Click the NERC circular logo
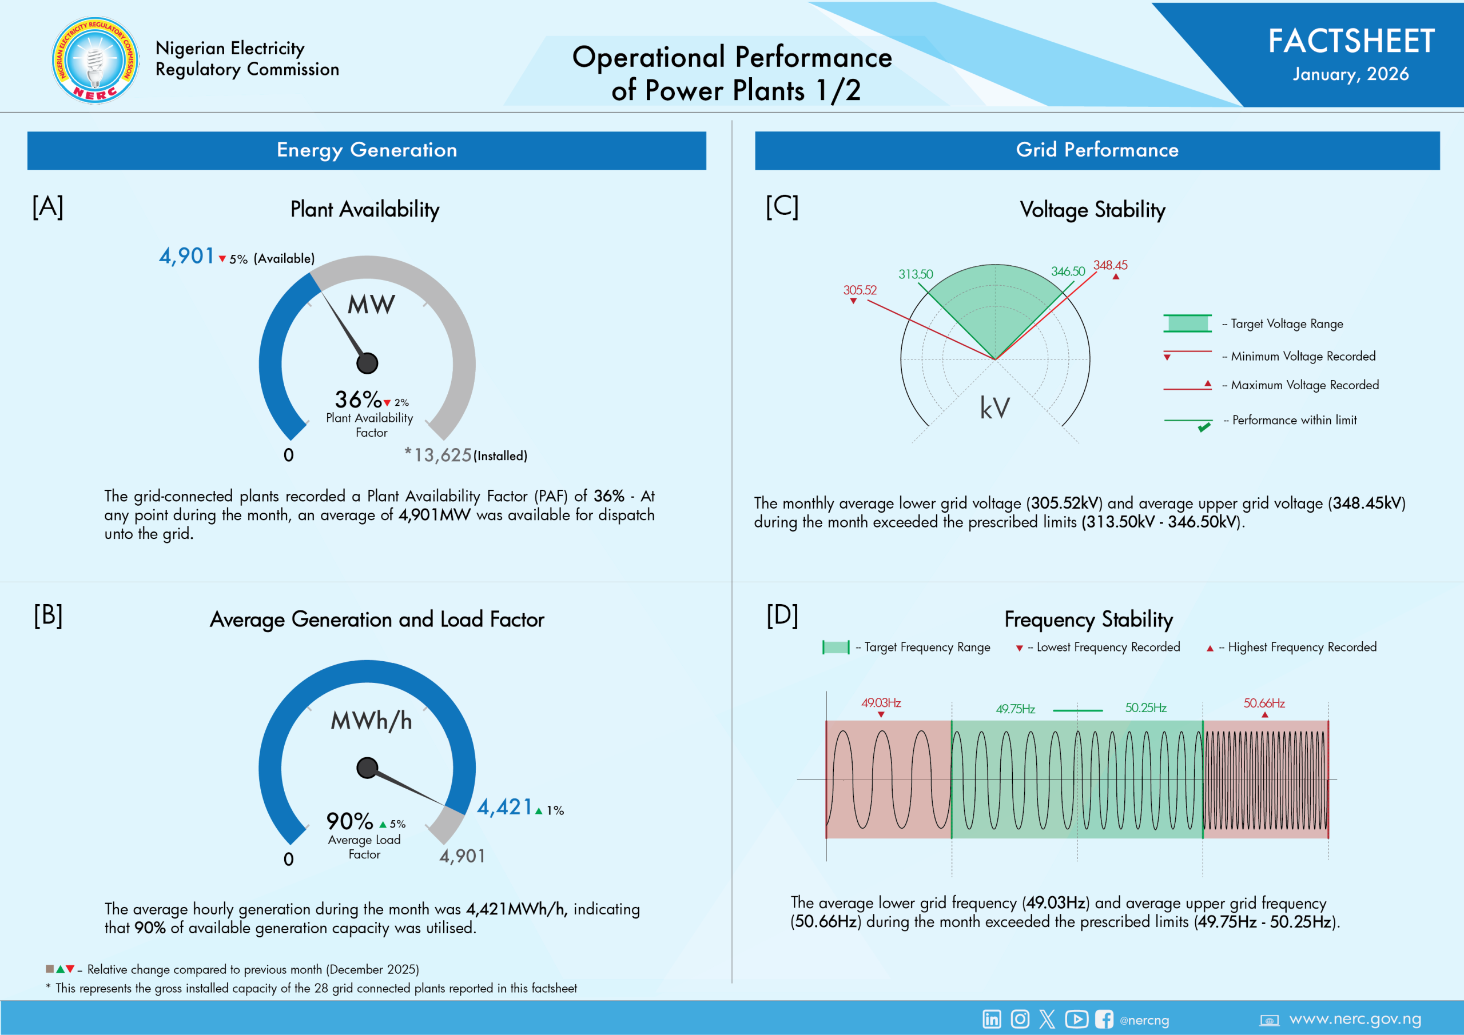point(95,61)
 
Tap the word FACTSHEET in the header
point(1351,41)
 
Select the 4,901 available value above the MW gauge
point(186,256)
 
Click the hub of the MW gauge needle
point(367,363)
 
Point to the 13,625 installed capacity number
point(443,455)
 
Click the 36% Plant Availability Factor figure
point(358,399)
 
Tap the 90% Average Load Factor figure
point(349,821)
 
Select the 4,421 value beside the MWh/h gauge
point(504,808)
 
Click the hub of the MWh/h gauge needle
point(367,768)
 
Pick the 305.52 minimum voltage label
point(860,290)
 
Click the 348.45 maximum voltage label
point(1110,265)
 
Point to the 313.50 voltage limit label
point(915,274)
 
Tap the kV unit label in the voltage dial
point(994,408)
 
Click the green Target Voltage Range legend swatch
point(1187,323)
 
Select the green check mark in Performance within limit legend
point(1204,427)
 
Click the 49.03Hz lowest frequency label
point(881,703)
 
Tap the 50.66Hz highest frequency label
point(1263,703)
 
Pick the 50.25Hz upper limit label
point(1145,708)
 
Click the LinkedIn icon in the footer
point(992,1019)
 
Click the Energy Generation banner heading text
point(367,150)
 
